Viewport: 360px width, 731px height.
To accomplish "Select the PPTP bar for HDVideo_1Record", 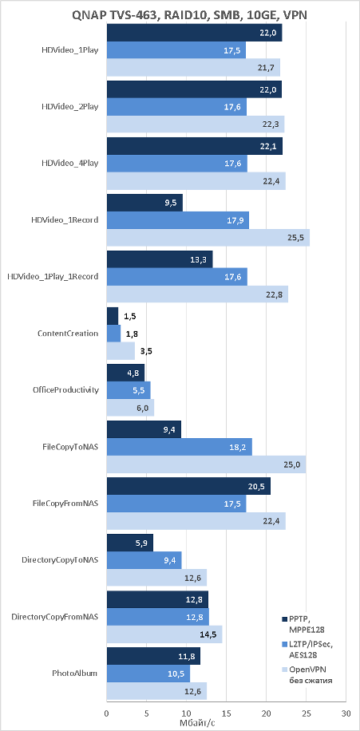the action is (144, 203).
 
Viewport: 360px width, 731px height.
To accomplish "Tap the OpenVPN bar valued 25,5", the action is (208, 237).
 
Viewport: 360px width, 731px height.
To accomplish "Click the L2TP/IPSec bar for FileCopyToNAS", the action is (180, 447).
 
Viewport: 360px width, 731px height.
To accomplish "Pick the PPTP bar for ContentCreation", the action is (113, 316).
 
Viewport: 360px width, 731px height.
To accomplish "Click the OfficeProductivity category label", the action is (68, 389).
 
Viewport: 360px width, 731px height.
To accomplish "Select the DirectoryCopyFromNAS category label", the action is (54, 617).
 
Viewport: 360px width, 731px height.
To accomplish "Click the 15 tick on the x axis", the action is (226, 713).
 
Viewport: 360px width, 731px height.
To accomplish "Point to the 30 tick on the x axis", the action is (346, 713).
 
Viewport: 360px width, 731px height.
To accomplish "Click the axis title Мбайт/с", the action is (197, 722).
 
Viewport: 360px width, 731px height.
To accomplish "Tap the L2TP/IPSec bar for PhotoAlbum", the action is (148, 674).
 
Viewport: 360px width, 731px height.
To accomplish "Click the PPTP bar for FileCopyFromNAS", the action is (189, 486).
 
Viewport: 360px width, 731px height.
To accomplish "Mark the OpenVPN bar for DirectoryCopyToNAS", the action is (156, 577).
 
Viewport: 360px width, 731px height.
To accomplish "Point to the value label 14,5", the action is (212, 634).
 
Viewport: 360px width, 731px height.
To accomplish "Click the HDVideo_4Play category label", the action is (70, 163).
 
